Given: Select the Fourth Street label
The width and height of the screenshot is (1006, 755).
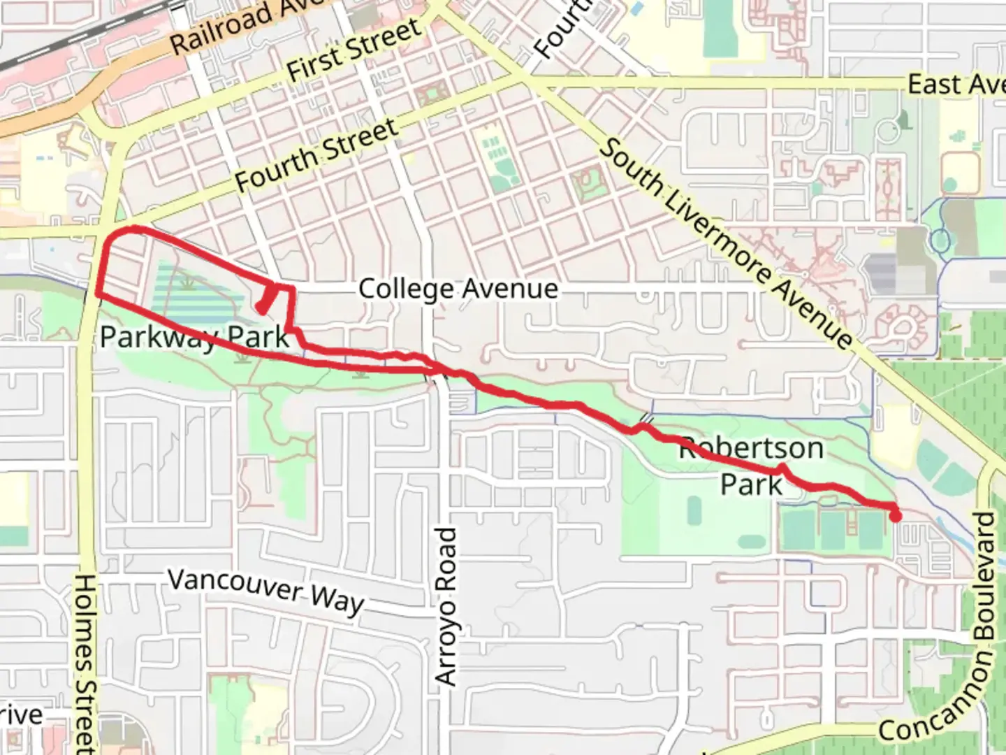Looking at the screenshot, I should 316,155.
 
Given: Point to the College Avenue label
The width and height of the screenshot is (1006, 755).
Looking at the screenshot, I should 458,289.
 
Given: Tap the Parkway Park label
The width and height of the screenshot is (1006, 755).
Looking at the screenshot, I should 194,337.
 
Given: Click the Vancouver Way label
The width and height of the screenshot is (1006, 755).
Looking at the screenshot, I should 266,591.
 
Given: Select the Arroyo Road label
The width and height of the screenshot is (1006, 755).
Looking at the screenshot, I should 446,605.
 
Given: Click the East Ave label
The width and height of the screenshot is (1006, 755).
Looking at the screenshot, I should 956,85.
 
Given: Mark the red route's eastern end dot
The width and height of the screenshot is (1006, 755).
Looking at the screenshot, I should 895,516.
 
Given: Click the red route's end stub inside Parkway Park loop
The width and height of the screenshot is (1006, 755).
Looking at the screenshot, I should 263,305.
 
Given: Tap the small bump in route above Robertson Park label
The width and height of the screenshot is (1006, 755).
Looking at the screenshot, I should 782,468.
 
